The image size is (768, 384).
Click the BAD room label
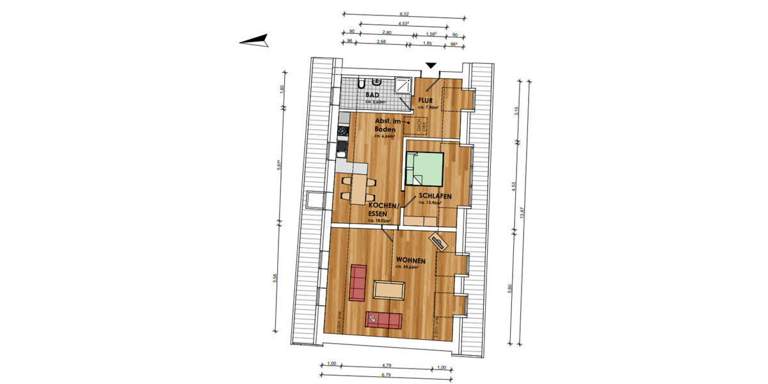[x=372, y=95]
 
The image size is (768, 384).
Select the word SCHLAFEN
[x=436, y=196]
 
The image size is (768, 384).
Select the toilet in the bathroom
[x=362, y=83]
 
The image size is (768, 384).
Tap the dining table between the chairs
[x=358, y=186]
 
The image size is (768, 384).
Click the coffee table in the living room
[x=389, y=290]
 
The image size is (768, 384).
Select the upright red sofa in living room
[x=358, y=283]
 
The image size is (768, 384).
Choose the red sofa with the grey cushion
[x=383, y=318]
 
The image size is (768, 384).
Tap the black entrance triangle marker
[x=431, y=65]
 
